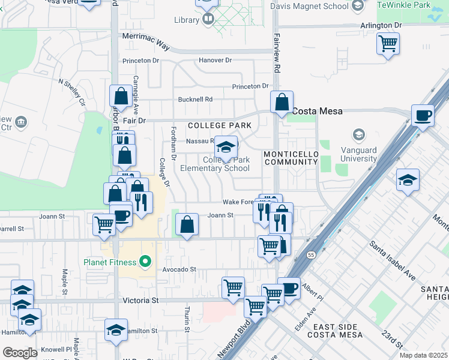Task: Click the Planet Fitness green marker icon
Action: pyautogui.click(x=144, y=262)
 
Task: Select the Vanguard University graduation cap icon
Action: pyautogui.click(x=360, y=134)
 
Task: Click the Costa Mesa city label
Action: pyautogui.click(x=317, y=111)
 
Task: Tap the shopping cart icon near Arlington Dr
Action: pyautogui.click(x=388, y=43)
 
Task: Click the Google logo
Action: pyautogui.click(x=20, y=352)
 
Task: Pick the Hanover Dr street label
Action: pyautogui.click(x=215, y=61)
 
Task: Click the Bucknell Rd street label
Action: pyautogui.click(x=196, y=99)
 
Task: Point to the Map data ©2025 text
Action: pyautogui.click(x=424, y=355)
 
